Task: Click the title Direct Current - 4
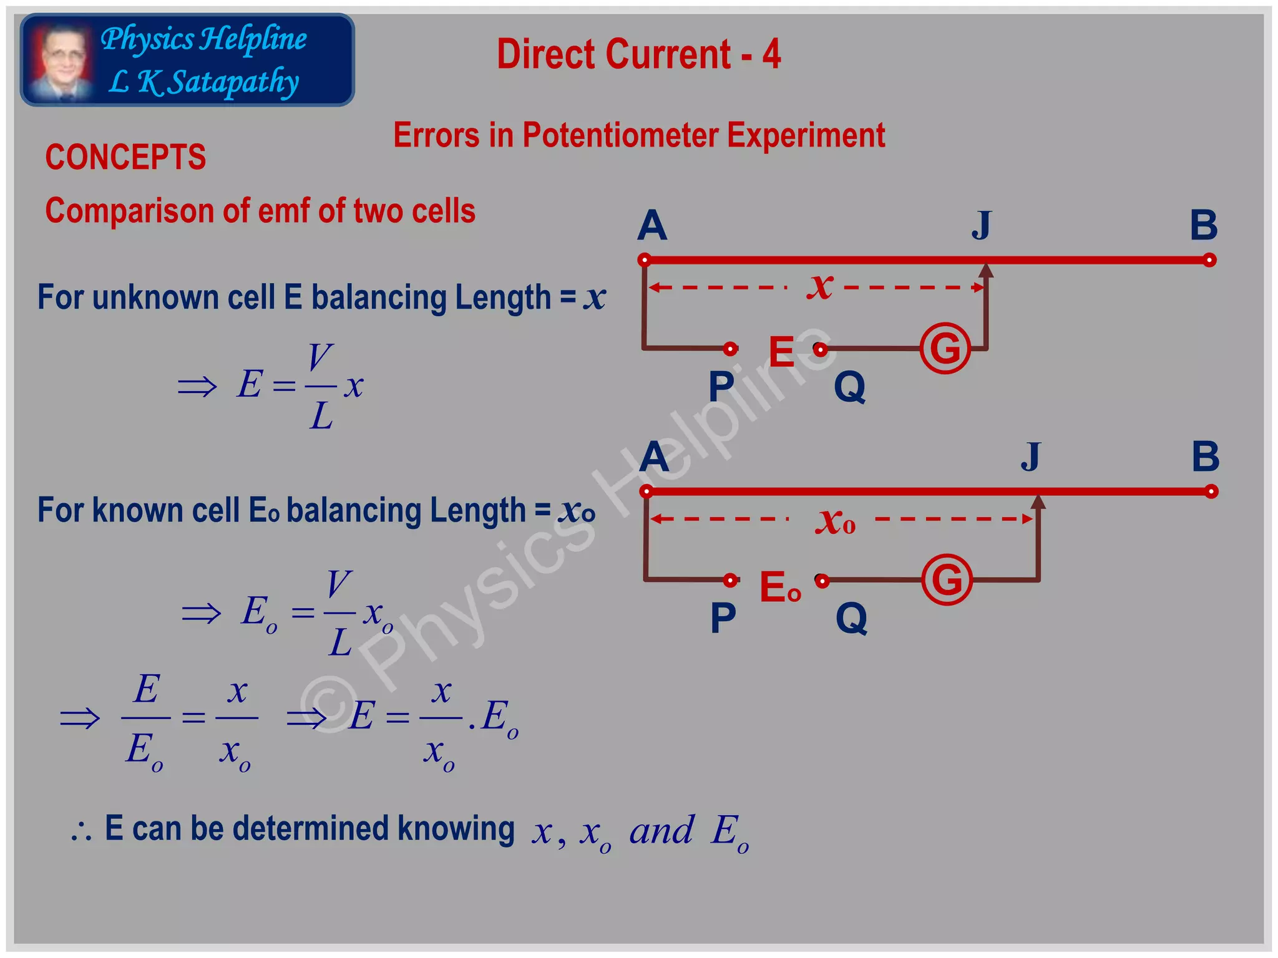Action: [x=638, y=54]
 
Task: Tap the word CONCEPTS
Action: [x=125, y=157]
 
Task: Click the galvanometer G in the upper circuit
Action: [x=945, y=348]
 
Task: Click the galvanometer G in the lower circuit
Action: [x=947, y=580]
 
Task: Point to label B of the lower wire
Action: [x=1205, y=457]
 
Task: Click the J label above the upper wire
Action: [x=982, y=225]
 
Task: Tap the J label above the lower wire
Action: [x=1031, y=457]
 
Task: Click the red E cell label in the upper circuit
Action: [x=781, y=351]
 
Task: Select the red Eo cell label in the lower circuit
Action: [x=780, y=587]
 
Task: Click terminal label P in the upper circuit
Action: [x=721, y=387]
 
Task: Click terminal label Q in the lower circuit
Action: [x=851, y=619]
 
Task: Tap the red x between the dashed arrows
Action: [x=820, y=286]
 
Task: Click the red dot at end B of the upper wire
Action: [x=1209, y=260]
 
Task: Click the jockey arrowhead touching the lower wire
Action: [x=1038, y=501]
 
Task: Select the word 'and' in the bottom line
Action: [x=661, y=831]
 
